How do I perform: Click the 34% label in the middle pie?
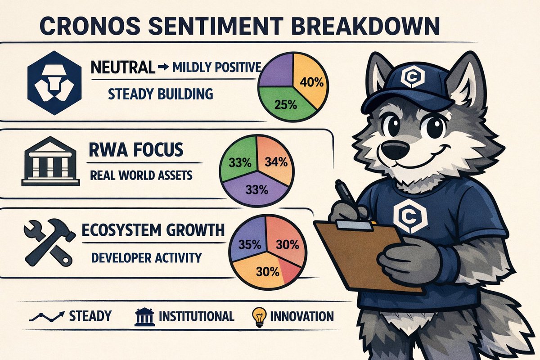(x=274, y=162)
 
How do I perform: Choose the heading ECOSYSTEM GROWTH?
(x=153, y=230)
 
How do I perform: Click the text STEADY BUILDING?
(x=160, y=94)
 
